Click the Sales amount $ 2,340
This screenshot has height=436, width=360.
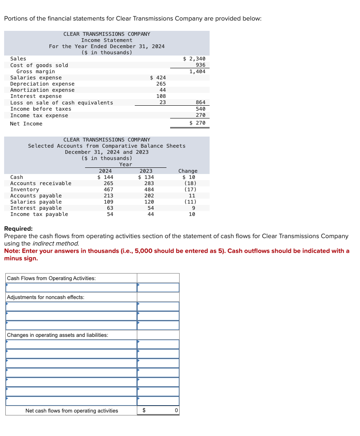(194, 59)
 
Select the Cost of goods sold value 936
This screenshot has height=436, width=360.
(201, 65)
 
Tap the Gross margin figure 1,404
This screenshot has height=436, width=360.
(197, 72)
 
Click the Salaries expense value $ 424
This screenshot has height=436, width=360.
(158, 77)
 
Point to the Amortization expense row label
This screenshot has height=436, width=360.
(42, 90)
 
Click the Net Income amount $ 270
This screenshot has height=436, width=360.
(197, 123)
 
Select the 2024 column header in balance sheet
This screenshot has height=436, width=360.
(105, 171)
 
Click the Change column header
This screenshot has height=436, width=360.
(188, 171)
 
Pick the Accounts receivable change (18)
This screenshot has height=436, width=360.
(190, 183)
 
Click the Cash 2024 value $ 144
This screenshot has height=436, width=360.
(105, 177)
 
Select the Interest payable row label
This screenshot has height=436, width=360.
(36, 208)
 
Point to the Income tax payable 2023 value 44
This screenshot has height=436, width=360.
(150, 214)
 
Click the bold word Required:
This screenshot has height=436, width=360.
(18, 229)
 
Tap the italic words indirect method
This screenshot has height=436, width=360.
(61, 244)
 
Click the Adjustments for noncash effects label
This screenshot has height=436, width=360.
(46, 297)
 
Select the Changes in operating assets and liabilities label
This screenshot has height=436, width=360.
(58, 335)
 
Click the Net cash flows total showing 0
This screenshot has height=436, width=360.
(176, 410)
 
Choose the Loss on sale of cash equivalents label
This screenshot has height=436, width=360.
(61, 102)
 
